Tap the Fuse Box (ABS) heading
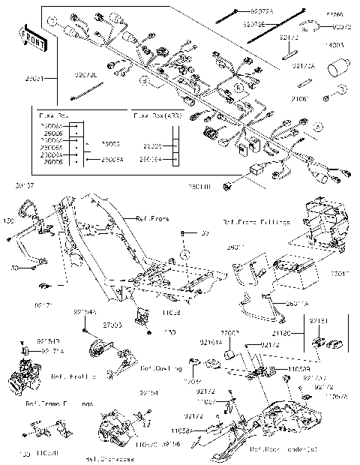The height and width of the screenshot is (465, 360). click(x=155, y=116)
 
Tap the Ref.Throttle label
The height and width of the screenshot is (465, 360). click(x=73, y=376)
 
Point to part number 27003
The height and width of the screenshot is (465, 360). click(x=112, y=327)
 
